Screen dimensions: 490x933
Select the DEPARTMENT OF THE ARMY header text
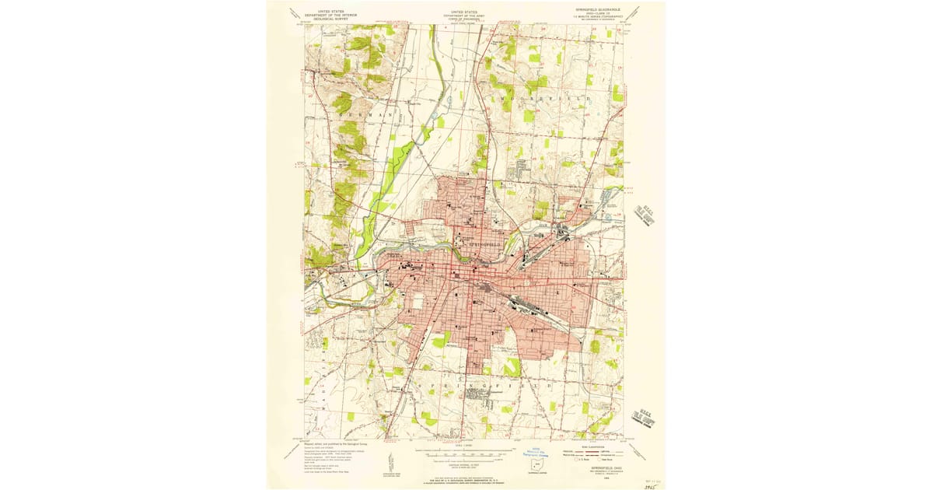pyautogui.click(x=466, y=16)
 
